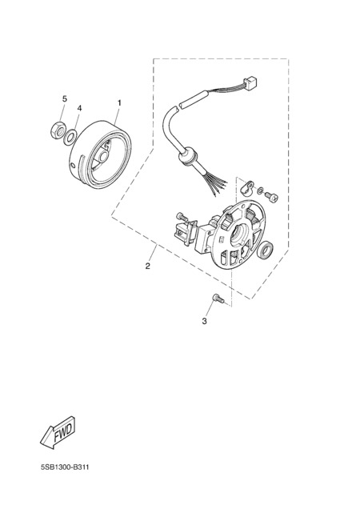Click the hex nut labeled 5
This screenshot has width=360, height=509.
[x=58, y=130]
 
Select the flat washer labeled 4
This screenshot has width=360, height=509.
[x=70, y=137]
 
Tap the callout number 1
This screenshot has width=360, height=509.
[x=119, y=103]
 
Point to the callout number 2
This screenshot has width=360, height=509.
[x=148, y=267]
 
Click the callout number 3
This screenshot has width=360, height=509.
[x=204, y=322]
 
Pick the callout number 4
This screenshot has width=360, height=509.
[x=79, y=108]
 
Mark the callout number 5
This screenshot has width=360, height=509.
[x=65, y=98]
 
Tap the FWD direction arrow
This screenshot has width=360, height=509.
[x=58, y=432]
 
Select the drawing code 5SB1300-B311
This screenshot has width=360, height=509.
[x=65, y=467]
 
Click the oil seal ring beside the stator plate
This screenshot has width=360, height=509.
[x=265, y=250]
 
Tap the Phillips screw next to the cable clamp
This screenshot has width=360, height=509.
[x=272, y=196]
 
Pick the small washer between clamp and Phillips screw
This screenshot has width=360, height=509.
[x=260, y=190]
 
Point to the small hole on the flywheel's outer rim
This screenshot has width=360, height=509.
[x=73, y=166]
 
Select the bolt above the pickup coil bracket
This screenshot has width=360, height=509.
[x=182, y=216]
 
